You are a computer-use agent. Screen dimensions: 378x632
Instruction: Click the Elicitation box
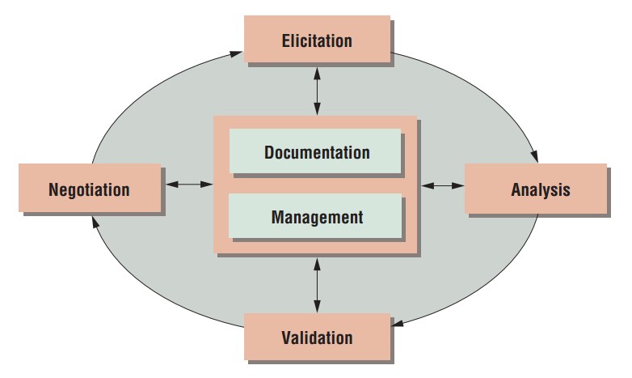[x=317, y=40]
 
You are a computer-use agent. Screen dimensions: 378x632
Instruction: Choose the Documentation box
[x=315, y=151]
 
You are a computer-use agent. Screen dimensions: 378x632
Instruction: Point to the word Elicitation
[x=317, y=40]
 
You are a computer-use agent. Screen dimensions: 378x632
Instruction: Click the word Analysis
[x=540, y=190]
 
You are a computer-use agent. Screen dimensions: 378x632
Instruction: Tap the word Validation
[x=317, y=337]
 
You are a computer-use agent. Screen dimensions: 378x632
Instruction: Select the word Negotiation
[x=89, y=190]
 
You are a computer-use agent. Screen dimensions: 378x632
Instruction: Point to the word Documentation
[x=317, y=152]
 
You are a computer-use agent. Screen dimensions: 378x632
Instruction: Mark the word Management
[x=317, y=217]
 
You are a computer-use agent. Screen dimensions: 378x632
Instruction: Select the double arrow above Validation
[x=317, y=285]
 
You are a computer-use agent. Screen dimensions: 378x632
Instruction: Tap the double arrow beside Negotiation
[x=187, y=185]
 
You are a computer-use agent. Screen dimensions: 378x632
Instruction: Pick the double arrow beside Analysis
[x=444, y=185]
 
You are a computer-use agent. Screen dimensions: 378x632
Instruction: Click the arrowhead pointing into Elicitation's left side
[x=236, y=54]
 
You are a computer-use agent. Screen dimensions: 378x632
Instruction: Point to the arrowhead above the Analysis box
[x=534, y=156]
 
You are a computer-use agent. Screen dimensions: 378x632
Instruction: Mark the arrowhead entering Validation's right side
[x=400, y=325]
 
